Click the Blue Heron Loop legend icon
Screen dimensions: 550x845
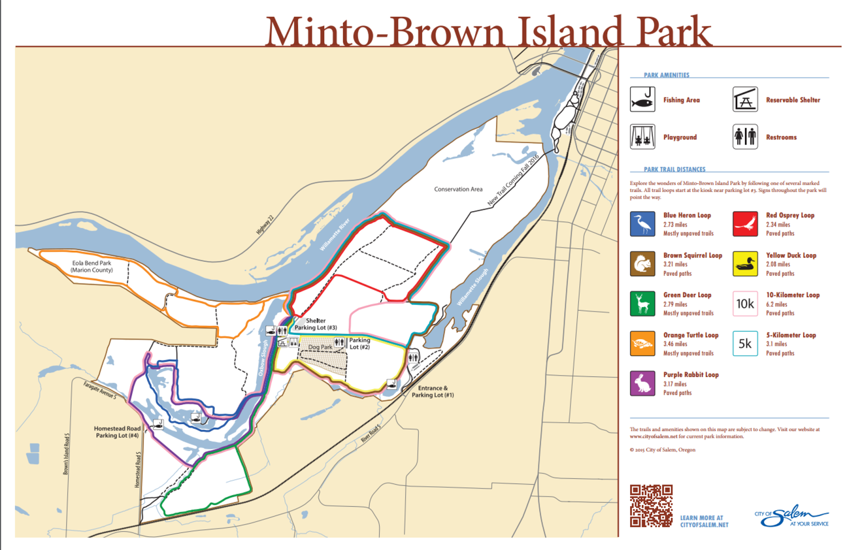coord(642,224)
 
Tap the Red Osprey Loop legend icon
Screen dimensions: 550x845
coord(745,224)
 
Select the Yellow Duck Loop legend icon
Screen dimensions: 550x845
coord(745,264)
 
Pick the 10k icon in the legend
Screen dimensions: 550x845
coord(745,304)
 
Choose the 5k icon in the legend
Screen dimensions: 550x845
coord(745,344)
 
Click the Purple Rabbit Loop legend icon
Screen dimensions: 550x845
coord(642,383)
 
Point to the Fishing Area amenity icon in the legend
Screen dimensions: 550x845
coord(642,99)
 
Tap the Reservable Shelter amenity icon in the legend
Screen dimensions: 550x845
coord(745,99)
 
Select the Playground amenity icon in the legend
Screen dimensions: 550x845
coord(642,137)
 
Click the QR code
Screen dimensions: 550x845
coord(651,506)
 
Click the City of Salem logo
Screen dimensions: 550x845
coord(791,516)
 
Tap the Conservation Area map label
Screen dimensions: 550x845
coord(458,189)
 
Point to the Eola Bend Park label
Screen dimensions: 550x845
coord(91,267)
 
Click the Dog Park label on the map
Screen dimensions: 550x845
coord(321,347)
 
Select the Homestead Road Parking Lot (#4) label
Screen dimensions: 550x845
coord(117,432)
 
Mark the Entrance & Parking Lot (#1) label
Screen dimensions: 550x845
coord(433,391)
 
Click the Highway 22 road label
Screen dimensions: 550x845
coord(265,225)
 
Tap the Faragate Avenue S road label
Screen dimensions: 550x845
coord(100,391)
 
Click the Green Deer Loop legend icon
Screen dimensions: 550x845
coord(642,304)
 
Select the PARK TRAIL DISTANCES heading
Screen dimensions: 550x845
coord(674,169)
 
